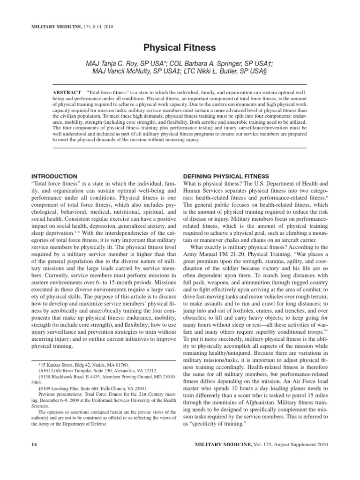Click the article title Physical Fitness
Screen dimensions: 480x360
tap(180, 47)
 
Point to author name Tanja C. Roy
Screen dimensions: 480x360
tap(125, 63)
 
